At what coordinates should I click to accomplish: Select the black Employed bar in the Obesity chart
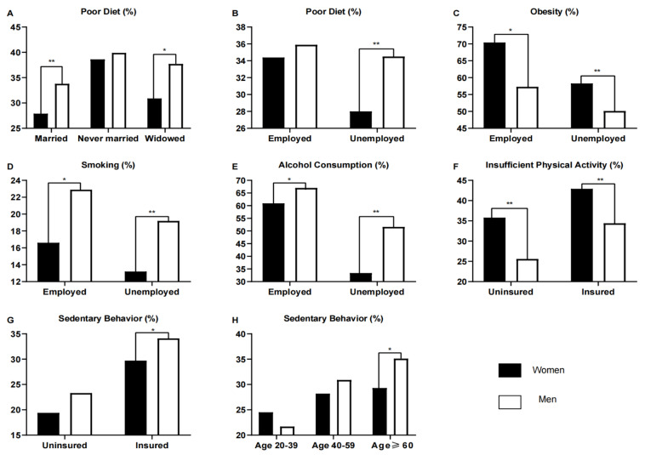[x=494, y=85]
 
